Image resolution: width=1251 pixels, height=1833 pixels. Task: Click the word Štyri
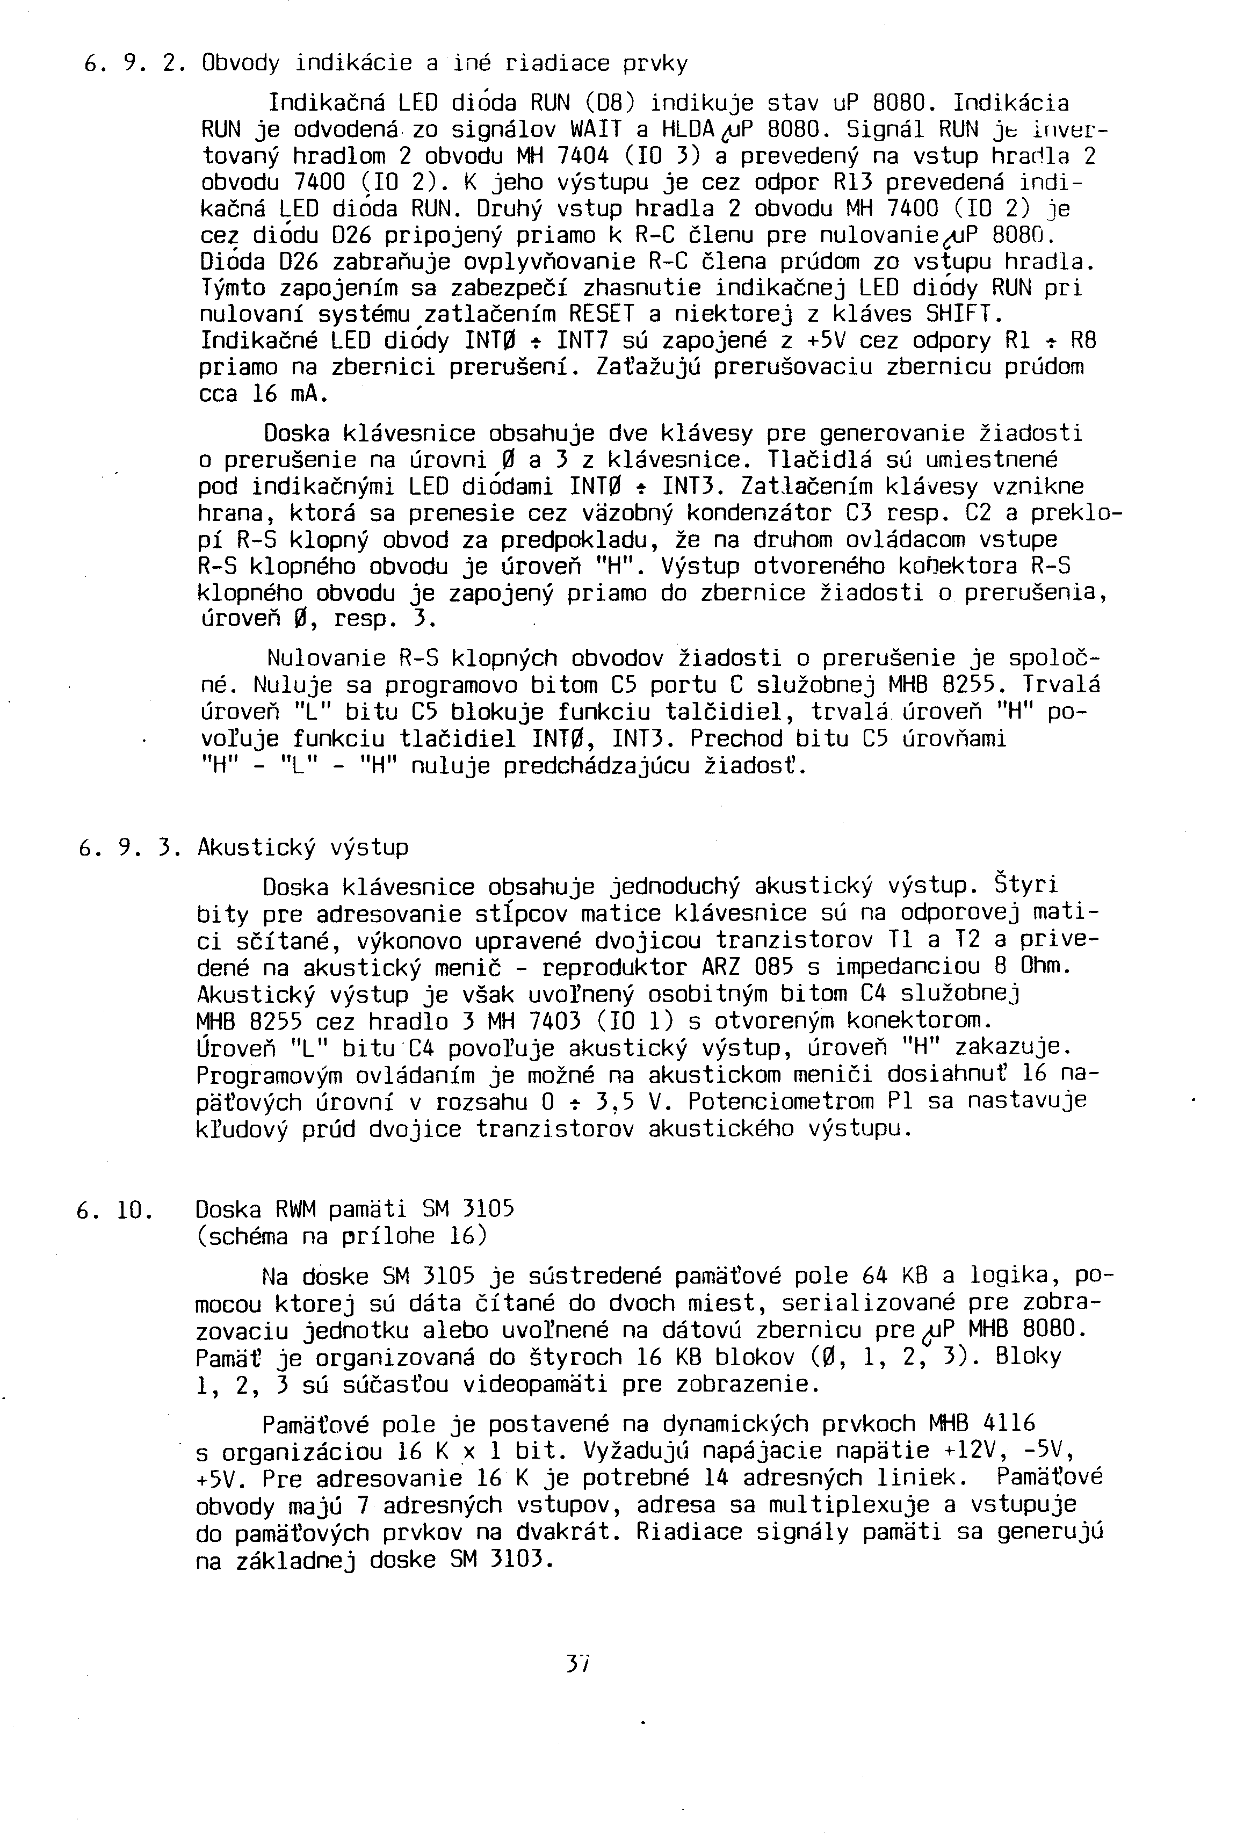(x=1025, y=886)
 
